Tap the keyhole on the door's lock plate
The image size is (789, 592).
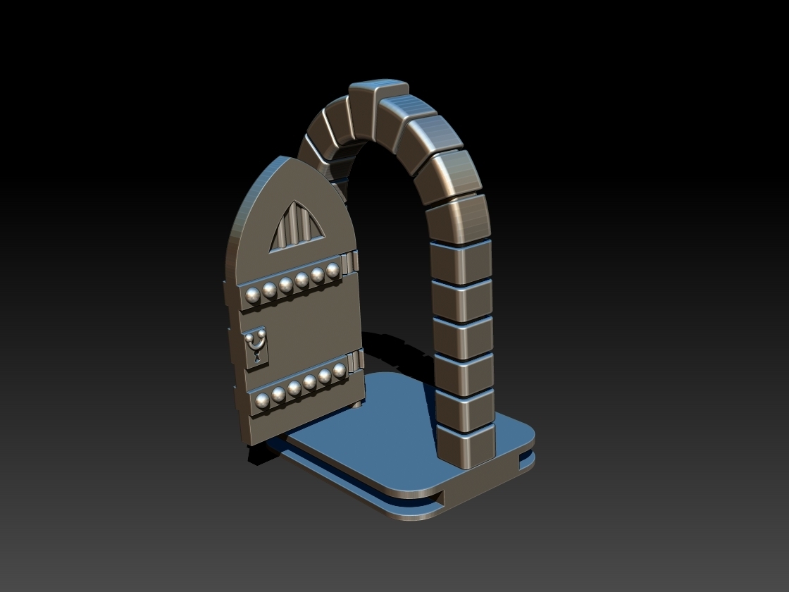[256, 357]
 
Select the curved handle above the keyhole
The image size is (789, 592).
[255, 342]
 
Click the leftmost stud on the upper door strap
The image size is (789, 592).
[253, 295]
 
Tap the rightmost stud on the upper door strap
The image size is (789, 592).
[333, 270]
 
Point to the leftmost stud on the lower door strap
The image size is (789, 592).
[263, 401]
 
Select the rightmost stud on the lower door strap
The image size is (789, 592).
[339, 371]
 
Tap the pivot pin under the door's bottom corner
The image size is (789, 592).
[359, 405]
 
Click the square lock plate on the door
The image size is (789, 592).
[256, 347]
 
